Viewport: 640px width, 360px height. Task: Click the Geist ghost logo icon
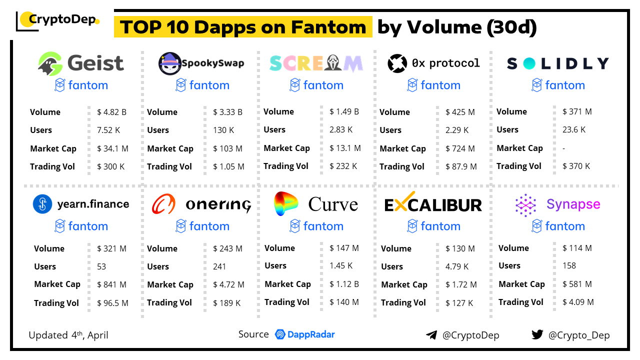[x=50, y=63]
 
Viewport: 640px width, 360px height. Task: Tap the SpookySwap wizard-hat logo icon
[x=169, y=63]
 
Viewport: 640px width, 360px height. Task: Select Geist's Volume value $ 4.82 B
[x=111, y=112]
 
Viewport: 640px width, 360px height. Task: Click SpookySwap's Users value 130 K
[x=223, y=130]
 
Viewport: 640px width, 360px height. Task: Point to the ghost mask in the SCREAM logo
[x=335, y=63]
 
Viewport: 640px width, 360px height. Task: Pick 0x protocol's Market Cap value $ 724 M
[x=461, y=148]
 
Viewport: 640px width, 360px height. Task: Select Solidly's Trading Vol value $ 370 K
[x=576, y=166]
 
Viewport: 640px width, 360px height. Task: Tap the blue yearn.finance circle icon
[x=42, y=204]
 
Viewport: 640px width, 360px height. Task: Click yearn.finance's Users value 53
[x=101, y=266]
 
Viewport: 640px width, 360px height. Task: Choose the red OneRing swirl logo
[x=163, y=204]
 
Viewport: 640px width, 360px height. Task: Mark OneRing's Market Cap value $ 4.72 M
[x=228, y=284]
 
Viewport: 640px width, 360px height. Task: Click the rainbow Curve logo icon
[x=285, y=203]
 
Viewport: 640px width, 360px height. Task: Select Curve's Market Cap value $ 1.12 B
[x=344, y=284]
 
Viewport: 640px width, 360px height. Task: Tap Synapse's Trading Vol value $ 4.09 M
[x=578, y=302]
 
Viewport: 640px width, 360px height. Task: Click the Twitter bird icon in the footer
[x=537, y=334]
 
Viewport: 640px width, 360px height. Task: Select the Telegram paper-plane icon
[x=431, y=335]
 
